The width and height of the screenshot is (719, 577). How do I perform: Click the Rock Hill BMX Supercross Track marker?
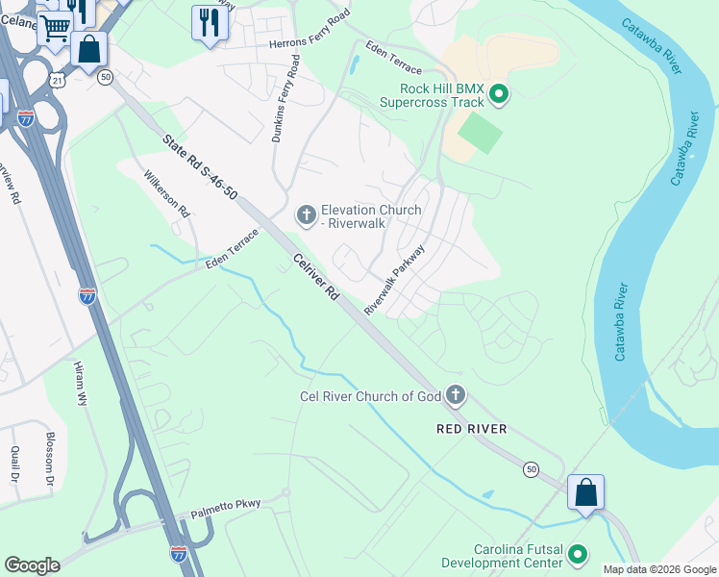[499, 94]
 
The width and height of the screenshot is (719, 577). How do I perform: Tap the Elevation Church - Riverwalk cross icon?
[307, 215]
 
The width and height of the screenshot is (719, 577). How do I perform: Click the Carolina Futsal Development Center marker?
[578, 554]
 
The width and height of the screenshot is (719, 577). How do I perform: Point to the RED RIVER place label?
[471, 428]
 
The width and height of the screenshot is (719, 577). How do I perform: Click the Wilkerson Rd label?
[167, 193]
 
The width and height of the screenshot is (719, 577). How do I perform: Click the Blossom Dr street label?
[50, 458]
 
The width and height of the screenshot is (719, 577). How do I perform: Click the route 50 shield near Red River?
[531, 469]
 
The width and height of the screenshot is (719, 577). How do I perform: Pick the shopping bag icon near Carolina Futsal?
[585, 492]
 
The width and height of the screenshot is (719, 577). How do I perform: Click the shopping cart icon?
[55, 26]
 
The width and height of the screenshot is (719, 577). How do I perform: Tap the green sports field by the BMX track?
[480, 133]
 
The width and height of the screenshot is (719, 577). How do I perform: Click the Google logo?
[32, 565]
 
